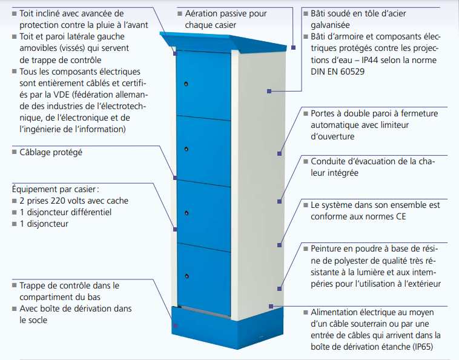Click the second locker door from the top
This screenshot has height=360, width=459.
pos(203,147)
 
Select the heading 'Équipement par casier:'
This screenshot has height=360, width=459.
pos(56,188)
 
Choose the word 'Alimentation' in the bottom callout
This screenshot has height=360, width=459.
pos(337,312)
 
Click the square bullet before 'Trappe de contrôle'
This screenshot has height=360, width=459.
pos(14,285)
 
